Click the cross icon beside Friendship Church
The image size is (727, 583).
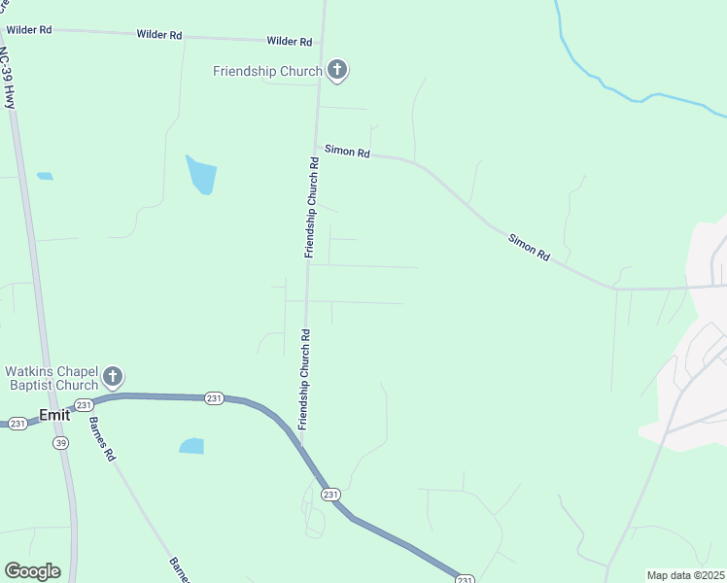pos(337,70)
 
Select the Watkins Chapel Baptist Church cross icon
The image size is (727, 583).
pos(113,377)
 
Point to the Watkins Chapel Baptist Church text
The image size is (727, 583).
pos(52,378)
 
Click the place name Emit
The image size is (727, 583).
pos(54,415)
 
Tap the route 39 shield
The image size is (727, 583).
pos(61,443)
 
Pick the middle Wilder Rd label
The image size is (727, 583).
pos(159,35)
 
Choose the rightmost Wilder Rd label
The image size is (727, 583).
pos(290,42)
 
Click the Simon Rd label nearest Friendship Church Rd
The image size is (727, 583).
pos(348,153)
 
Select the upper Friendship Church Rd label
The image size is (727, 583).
pos(311,206)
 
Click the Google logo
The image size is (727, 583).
pos(32,571)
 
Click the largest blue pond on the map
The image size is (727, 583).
pos(201,175)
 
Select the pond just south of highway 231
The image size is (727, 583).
pos(191,446)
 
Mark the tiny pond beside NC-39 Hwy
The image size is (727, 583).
pos(45,176)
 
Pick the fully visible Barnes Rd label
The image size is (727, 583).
pos(102,439)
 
